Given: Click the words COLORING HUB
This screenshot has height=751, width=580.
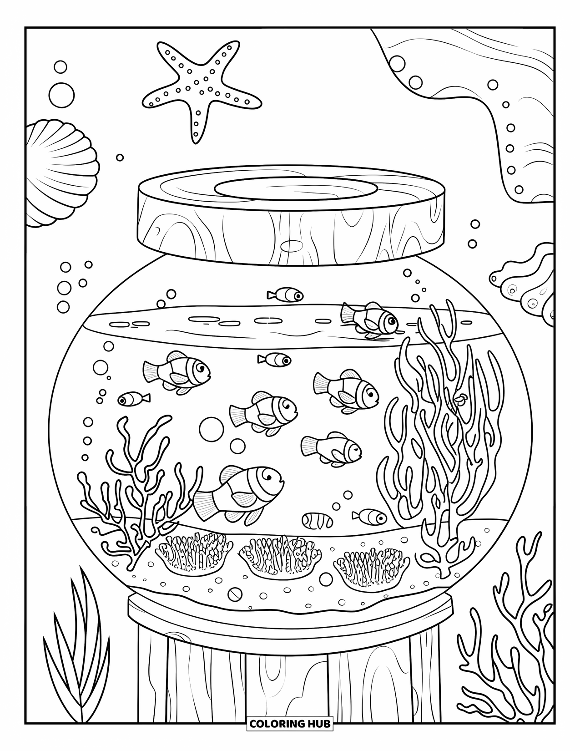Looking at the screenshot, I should (290, 723).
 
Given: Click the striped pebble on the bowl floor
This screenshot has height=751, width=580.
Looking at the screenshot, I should (318, 520).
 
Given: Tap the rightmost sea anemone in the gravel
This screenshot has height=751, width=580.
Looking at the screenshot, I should (370, 563).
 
